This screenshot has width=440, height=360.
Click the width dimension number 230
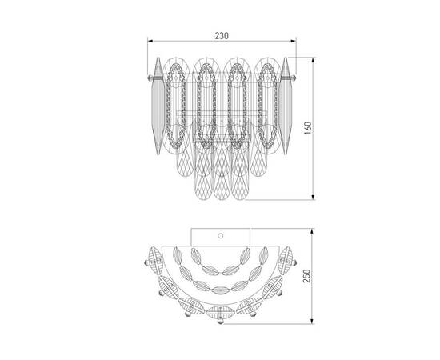[222, 36]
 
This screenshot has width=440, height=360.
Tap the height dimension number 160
[308, 128]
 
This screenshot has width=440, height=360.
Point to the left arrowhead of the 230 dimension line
[150, 42]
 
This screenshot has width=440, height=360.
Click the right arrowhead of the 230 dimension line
[294, 42]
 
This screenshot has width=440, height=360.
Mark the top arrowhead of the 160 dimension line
[314, 60]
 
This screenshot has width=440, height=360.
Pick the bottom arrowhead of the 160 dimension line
[314, 198]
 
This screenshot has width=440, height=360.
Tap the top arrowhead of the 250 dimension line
[312, 231]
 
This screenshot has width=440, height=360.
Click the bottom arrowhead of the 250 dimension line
[312, 322]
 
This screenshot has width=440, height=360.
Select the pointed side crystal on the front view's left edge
[158, 106]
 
